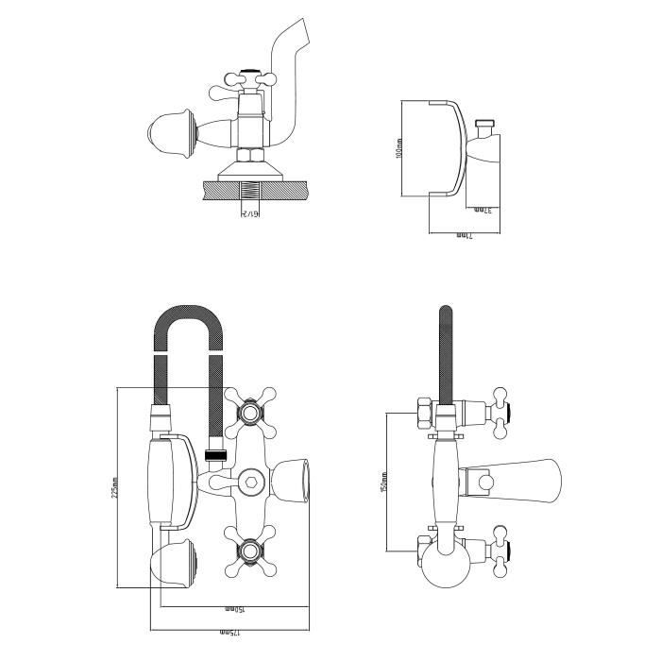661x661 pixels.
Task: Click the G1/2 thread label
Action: tap(249, 214)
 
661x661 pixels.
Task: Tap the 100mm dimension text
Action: tap(400, 148)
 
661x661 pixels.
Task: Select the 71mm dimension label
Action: tap(464, 233)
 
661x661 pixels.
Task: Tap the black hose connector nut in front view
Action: tap(214, 457)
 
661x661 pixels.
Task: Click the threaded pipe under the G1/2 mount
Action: tap(248, 193)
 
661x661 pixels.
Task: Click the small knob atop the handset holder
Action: tap(486, 124)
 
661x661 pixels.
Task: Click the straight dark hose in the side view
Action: tap(446, 349)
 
